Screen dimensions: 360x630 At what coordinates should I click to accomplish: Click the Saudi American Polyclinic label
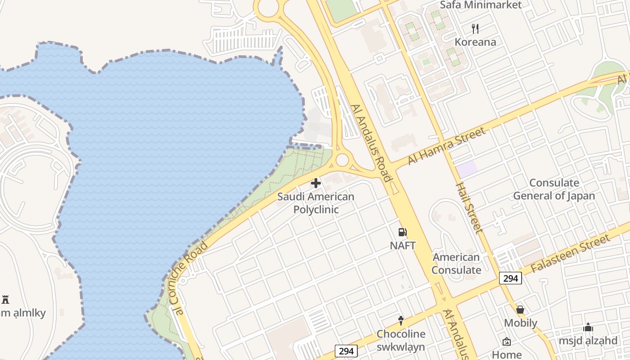coord(315,203)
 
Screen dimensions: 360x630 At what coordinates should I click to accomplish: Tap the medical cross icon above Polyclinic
coord(316,183)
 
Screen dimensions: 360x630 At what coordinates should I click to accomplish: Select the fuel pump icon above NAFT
coord(402,232)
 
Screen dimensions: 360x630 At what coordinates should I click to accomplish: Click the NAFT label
coord(402,246)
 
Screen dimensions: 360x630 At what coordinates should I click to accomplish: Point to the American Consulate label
coord(456,264)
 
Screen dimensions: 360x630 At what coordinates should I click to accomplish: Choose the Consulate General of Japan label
coord(554,189)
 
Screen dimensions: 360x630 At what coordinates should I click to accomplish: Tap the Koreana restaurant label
coord(475,42)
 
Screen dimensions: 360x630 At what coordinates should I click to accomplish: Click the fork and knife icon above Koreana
coord(475,29)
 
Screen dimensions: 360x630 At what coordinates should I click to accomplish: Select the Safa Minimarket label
coord(481,5)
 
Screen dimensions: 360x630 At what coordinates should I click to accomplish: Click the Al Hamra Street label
coord(447,146)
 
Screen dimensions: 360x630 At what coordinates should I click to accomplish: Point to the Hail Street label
coord(469,207)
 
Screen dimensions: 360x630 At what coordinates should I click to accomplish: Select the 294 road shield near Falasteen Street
coord(510,279)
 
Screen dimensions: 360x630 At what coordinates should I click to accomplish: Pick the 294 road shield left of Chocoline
coord(346,351)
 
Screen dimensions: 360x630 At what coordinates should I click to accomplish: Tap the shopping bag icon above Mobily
coord(520,310)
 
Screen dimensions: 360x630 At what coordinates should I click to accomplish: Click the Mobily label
coord(520,323)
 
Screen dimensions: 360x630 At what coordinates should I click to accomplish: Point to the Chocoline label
coord(400,334)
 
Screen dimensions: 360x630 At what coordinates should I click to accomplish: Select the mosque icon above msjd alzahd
coord(588,327)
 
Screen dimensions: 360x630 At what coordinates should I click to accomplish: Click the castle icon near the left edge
coord(5,299)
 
